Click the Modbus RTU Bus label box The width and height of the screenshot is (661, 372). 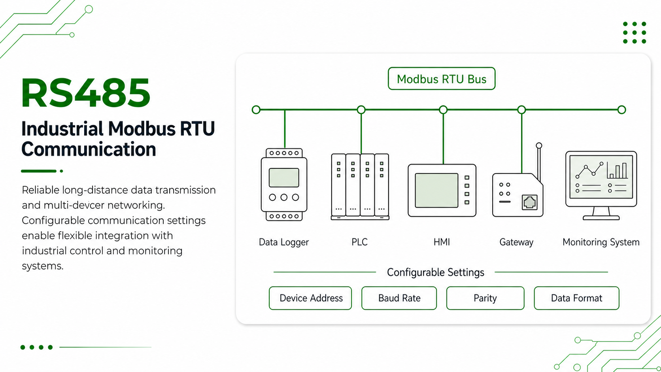[442, 78]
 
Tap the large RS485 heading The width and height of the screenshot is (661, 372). [86, 93]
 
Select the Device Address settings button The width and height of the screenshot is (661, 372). [310, 298]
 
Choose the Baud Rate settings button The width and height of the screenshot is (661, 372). [399, 298]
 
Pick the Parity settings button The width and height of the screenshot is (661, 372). [485, 298]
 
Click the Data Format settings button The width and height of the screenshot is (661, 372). [577, 298]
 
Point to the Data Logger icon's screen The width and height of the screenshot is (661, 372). [284, 178]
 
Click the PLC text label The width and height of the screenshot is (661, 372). [359, 242]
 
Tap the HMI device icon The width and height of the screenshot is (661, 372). [442, 191]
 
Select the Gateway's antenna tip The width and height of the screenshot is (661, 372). [539, 145]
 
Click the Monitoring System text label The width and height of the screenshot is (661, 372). [601, 242]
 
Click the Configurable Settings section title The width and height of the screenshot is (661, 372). [436, 272]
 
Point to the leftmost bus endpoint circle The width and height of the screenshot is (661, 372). [256, 110]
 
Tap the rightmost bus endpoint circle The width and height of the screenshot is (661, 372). [622, 110]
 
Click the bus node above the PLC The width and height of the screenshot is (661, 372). [361, 110]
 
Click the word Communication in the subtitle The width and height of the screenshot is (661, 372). [89, 149]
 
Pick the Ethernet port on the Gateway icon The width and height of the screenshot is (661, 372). [529, 202]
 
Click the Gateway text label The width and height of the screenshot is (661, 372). [516, 242]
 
